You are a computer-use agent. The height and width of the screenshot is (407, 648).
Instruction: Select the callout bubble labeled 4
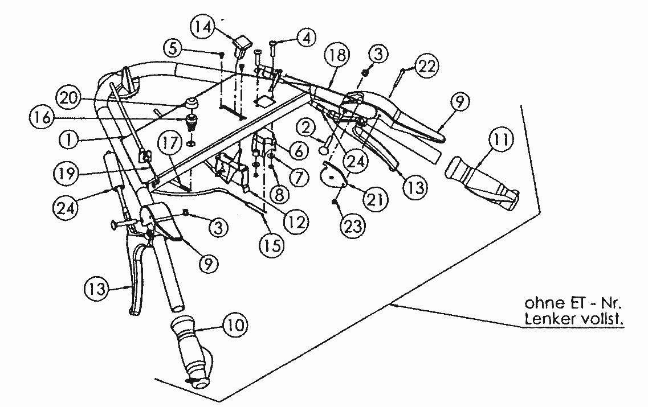coord(306,38)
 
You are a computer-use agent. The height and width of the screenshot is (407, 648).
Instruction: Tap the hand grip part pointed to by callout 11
coord(482,179)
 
